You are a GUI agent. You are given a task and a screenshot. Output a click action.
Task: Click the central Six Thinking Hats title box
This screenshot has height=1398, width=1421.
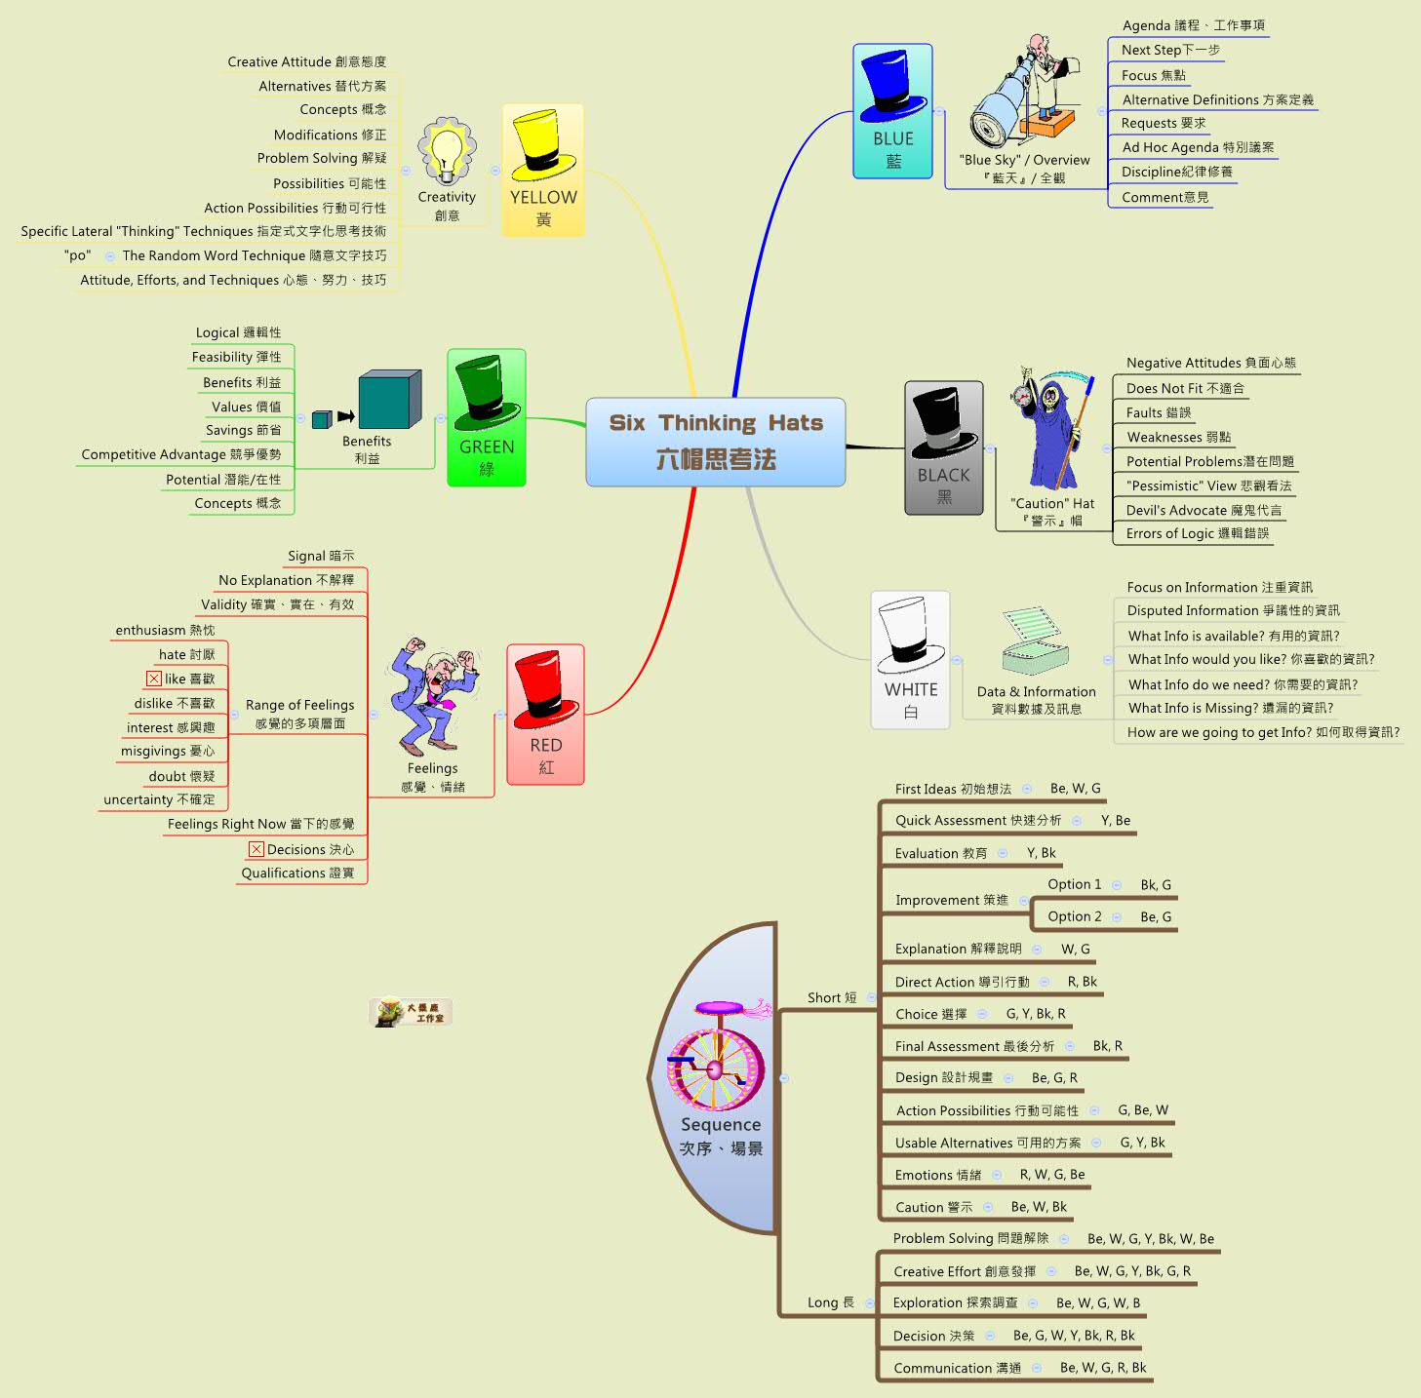pyautogui.click(x=715, y=442)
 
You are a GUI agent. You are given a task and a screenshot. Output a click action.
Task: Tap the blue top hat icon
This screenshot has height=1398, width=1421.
pyautogui.click(x=892, y=86)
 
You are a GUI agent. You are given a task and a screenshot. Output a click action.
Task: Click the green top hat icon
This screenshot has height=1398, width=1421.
pyautogui.click(x=487, y=392)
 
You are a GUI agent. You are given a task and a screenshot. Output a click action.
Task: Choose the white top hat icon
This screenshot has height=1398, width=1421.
pyautogui.click(x=910, y=635)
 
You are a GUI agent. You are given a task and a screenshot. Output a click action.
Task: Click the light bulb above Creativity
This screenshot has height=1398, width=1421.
pyautogui.click(x=447, y=152)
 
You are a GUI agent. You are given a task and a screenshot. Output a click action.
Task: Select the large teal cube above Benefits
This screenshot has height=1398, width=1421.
pyautogui.click(x=389, y=400)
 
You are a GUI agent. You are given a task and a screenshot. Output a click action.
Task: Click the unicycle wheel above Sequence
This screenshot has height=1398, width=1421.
pyautogui.click(x=715, y=1068)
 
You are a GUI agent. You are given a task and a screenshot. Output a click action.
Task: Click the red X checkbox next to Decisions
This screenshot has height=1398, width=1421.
pyautogui.click(x=257, y=849)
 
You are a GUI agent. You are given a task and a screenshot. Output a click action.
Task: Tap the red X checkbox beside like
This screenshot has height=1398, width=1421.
pyautogui.click(x=154, y=679)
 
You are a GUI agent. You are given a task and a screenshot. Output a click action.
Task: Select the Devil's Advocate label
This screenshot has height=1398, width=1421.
pyautogui.click(x=1204, y=510)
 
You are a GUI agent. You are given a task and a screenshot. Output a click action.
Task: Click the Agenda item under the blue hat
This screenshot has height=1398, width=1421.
pyautogui.click(x=1193, y=25)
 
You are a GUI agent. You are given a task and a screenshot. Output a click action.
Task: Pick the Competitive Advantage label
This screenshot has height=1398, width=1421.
pyautogui.click(x=181, y=454)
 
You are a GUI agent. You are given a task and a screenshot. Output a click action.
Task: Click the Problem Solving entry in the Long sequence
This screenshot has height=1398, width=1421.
pyautogui.click(x=970, y=1238)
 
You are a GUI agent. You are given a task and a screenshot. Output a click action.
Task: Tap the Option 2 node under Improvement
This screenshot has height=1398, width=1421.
pyautogui.click(x=1074, y=916)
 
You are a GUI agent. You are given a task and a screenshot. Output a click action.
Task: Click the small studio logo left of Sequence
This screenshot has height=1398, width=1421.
pyautogui.click(x=411, y=1012)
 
